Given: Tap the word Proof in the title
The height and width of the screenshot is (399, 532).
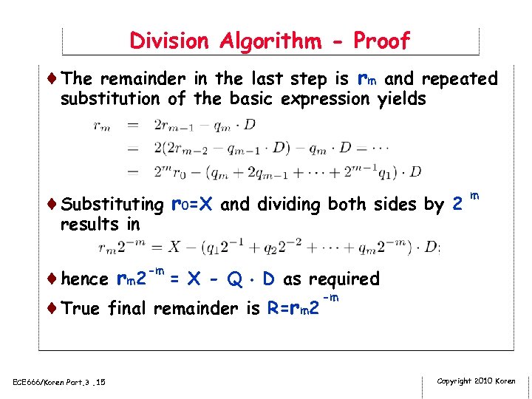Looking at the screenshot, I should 381,41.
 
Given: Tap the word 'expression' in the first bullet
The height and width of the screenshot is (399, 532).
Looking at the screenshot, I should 324,98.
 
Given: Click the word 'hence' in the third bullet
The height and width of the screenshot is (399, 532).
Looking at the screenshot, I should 86,279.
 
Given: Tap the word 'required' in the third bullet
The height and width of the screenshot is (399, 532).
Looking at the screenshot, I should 344,279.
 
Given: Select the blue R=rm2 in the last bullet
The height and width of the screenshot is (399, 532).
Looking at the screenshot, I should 293,307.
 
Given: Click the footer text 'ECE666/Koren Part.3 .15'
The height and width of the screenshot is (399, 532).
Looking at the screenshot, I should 59,381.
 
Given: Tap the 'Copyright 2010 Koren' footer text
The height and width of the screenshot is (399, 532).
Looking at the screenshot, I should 477,381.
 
